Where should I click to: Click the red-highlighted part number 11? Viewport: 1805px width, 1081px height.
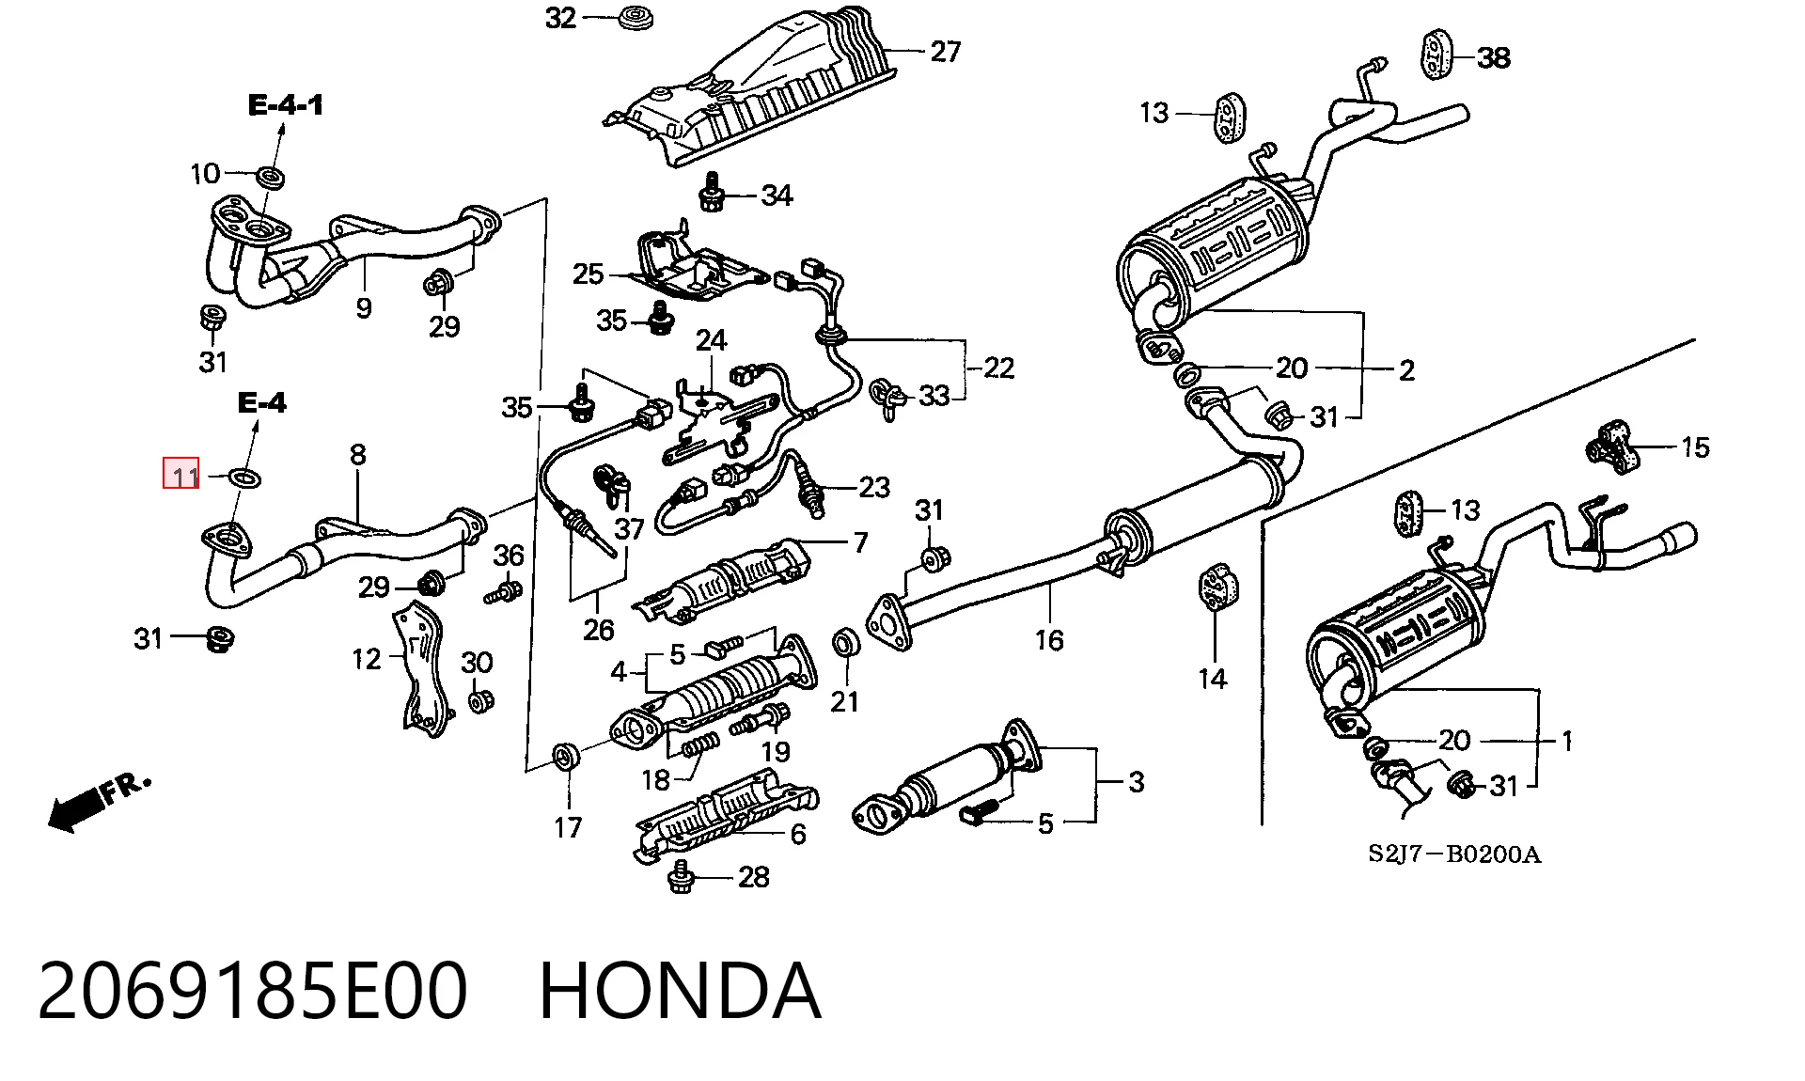(181, 474)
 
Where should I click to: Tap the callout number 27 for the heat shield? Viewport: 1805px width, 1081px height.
(945, 51)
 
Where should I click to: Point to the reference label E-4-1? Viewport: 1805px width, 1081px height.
(286, 105)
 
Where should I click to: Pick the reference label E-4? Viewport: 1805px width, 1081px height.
(262, 403)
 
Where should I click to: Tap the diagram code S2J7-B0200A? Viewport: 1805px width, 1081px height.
(1453, 854)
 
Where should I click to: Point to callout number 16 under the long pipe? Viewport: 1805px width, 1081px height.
(1049, 640)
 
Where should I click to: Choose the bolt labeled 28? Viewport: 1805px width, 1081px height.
(681, 878)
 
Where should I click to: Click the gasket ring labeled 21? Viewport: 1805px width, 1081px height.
(846, 644)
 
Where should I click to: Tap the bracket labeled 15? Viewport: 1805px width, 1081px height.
(1614, 447)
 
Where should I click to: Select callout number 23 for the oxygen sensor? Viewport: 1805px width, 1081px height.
(873, 487)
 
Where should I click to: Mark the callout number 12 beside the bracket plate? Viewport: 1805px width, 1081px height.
(367, 659)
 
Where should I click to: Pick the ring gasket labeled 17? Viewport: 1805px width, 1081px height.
(565, 755)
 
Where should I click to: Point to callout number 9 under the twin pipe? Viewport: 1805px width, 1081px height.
(364, 307)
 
